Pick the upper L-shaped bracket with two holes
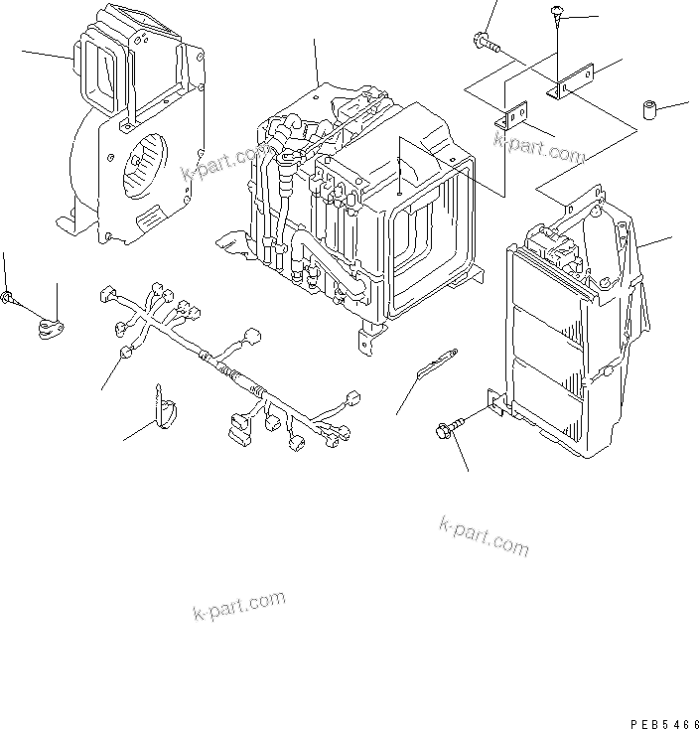click(571, 83)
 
